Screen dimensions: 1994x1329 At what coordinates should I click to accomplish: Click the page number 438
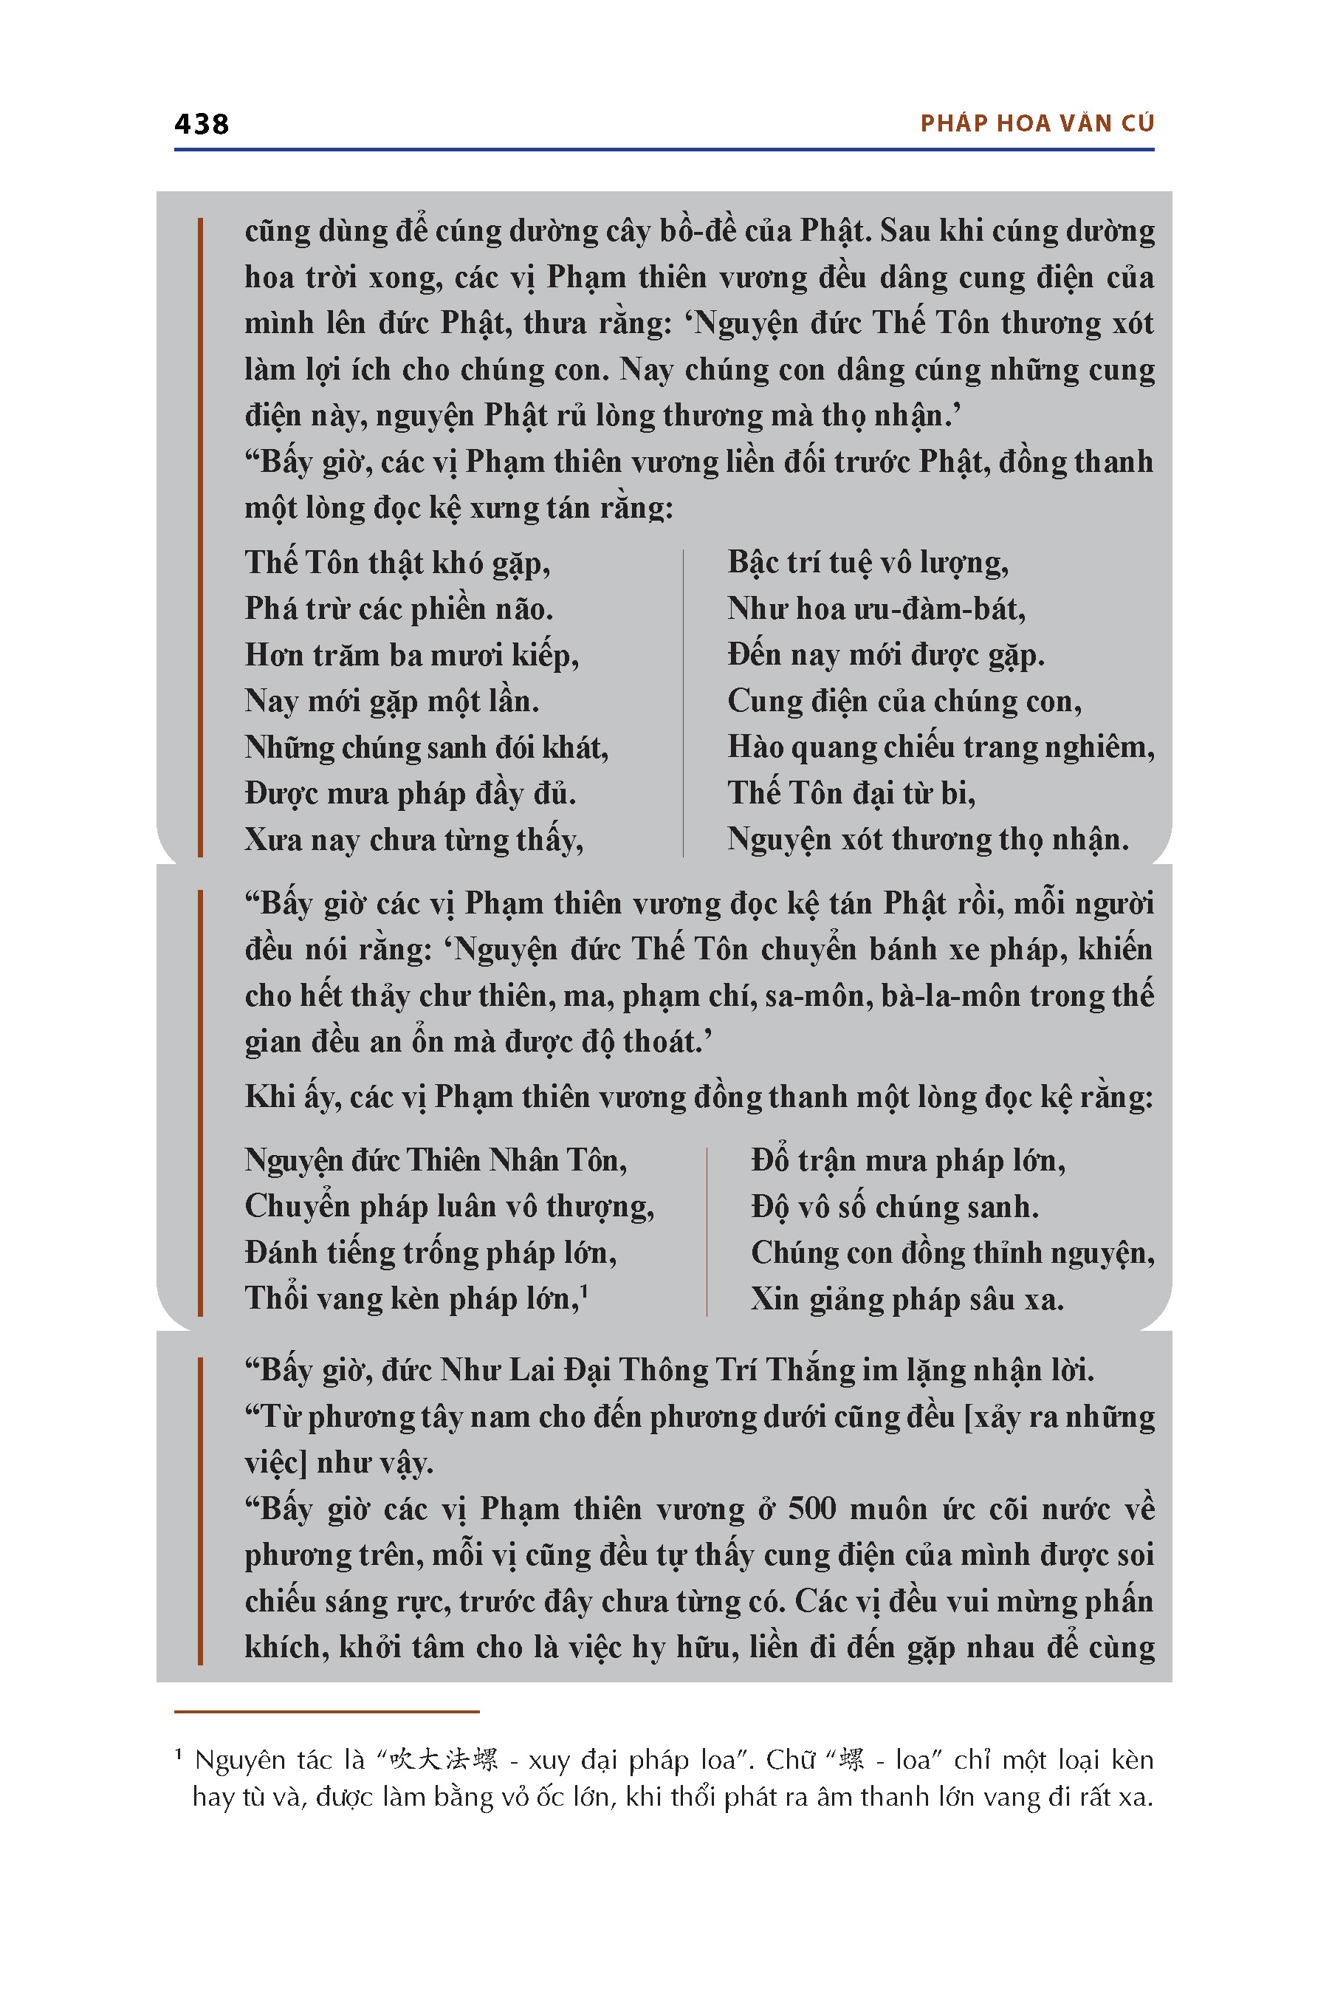tap(201, 124)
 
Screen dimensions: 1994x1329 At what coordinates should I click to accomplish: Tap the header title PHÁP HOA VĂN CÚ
tap(1037, 124)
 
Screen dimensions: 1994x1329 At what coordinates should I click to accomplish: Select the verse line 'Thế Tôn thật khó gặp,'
tap(397, 563)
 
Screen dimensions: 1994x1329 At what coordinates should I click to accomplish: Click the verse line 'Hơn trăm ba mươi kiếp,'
tap(412, 655)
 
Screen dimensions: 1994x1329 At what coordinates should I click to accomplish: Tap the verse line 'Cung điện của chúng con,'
tap(904, 701)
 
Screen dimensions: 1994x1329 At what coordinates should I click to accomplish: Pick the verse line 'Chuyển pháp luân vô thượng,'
tap(449, 1207)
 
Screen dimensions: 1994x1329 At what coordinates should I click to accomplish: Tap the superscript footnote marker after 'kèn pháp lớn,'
tap(584, 1289)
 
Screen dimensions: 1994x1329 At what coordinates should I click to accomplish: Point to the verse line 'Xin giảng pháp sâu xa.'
tap(907, 1300)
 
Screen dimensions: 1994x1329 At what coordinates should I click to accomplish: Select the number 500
tap(811, 1509)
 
